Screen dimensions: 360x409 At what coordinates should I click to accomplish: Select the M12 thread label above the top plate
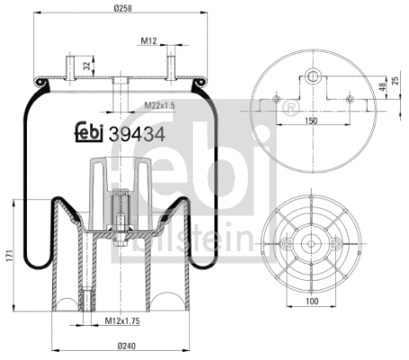tap(150, 40)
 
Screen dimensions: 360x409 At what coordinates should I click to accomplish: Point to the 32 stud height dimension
tap(86, 66)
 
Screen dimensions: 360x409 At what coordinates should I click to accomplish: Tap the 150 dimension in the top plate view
tap(313, 120)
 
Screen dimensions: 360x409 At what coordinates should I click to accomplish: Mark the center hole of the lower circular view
tap(311, 243)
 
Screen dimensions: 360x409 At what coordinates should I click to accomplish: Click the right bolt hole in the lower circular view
tap(336, 243)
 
